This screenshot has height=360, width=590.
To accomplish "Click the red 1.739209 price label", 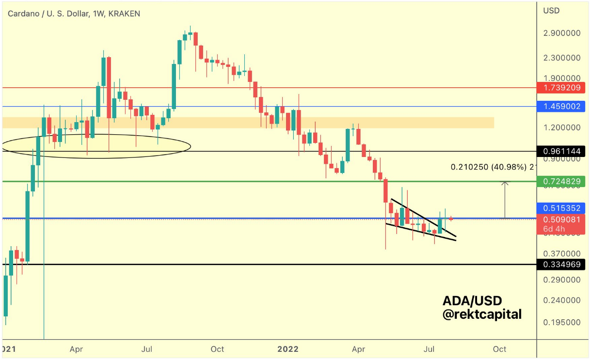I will click(x=561, y=88).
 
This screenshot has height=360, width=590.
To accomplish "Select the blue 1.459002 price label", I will click(x=561, y=106).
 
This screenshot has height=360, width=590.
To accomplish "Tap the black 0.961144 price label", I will click(x=561, y=152).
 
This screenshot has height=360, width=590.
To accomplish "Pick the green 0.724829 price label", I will click(x=561, y=182).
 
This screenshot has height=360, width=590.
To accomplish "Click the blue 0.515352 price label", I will click(x=561, y=208).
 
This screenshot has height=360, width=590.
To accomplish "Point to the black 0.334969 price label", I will click(x=561, y=265).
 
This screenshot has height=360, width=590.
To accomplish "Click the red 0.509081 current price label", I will click(x=561, y=219).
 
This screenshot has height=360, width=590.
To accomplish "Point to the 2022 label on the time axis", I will click(x=289, y=349).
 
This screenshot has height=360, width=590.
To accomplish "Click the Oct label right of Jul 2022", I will click(x=499, y=349).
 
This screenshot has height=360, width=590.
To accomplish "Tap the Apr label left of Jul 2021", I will click(x=77, y=349).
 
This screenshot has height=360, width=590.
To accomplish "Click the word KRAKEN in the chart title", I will click(x=124, y=14).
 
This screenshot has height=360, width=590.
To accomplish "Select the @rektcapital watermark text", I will click(x=482, y=314).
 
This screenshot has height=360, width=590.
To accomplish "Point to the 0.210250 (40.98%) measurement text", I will click(x=493, y=167).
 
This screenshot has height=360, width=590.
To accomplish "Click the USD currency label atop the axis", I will click(x=551, y=11).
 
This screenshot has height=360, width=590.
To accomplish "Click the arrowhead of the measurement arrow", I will click(x=505, y=183).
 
